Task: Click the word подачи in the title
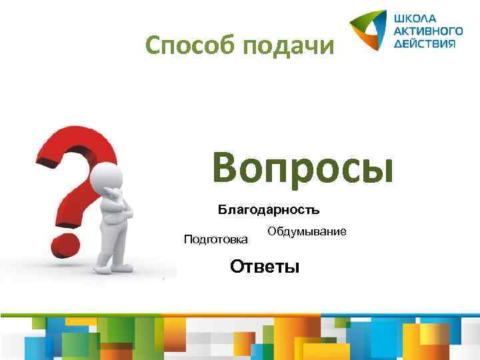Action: click(x=288, y=47)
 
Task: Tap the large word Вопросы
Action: click(x=303, y=167)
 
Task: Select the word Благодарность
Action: click(x=269, y=210)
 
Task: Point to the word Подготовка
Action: click(x=215, y=239)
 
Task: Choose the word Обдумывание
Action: click(x=306, y=231)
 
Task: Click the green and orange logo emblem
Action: click(x=368, y=30)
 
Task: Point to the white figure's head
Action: click(x=109, y=179)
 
